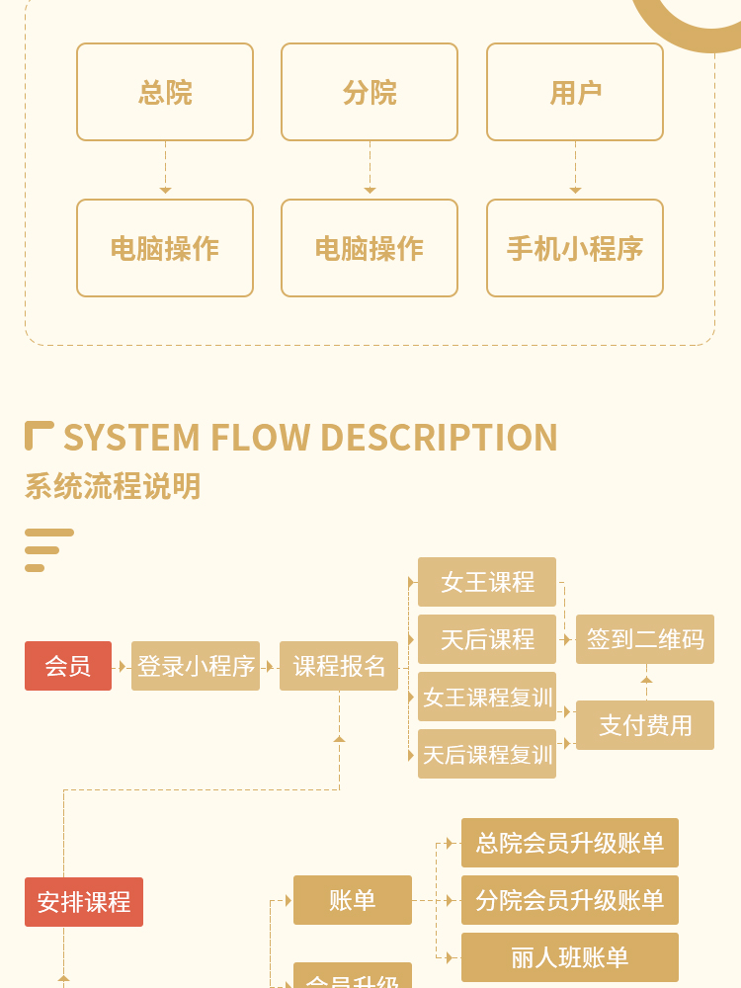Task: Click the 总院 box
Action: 165,92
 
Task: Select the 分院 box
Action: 370,92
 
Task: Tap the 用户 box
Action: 575,92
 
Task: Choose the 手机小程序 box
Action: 575,248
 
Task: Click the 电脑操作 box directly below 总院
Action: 165,248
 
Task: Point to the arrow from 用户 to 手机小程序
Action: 575,170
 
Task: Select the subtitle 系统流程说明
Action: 113,486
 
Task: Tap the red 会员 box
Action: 68,666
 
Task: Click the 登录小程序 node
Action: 196,666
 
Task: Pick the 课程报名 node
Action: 339,666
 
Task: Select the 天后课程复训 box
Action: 487,754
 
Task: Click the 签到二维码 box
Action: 645,639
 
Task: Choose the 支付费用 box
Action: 645,725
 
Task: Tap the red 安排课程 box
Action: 84,902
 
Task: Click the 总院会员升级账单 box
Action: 570,843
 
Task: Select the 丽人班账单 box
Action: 570,957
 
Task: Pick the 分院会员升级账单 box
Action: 570,900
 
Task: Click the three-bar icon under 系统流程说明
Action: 47,550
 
